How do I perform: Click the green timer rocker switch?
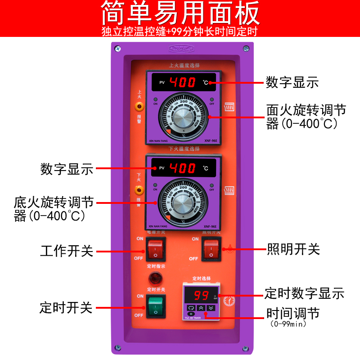point(155,306)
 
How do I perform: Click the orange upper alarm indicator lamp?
point(139,107)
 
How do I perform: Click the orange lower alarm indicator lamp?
point(139,190)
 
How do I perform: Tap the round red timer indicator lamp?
point(155,277)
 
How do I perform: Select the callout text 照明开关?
point(293,249)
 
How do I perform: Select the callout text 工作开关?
point(67,251)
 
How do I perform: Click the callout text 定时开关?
point(66,308)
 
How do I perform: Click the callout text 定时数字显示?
point(304,293)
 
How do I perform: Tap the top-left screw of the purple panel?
point(117,48)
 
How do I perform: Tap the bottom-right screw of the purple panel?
point(245,348)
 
